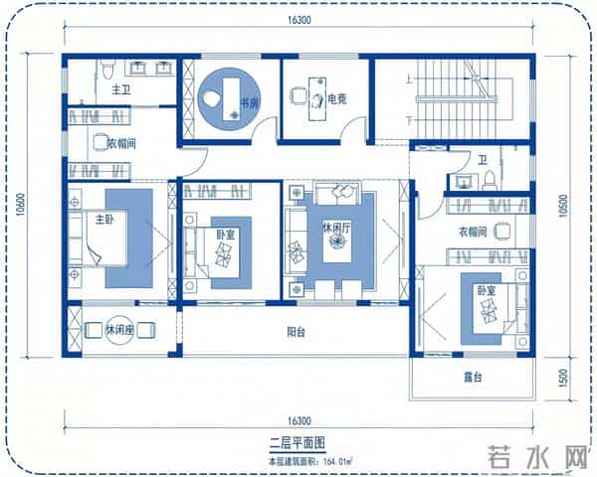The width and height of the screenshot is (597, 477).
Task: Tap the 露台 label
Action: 473,378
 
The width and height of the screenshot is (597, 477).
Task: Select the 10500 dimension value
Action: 563,206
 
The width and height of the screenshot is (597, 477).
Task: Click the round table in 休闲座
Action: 119,329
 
